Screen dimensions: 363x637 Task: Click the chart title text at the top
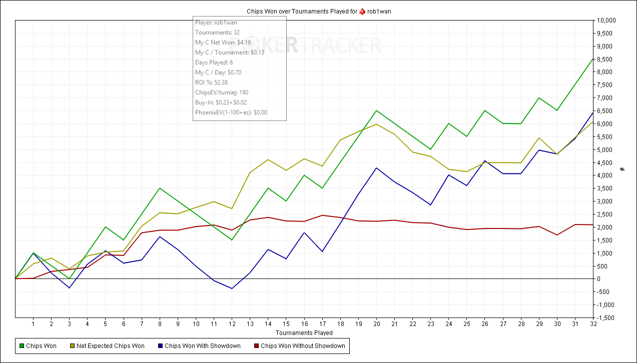318,11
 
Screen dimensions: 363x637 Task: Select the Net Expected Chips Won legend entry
110,345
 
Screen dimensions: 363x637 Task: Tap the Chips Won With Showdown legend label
202,345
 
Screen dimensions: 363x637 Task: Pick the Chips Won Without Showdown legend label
302,345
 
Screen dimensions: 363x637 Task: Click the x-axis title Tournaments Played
304,332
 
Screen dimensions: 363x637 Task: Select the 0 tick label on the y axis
599,279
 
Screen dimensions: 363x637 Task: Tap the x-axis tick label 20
376,324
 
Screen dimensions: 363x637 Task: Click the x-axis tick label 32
593,324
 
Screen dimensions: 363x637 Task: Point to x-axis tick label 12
232,324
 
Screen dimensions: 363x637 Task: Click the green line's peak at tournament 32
593,59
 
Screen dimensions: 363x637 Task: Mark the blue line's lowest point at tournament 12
232,288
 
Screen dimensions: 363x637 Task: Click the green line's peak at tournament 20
376,110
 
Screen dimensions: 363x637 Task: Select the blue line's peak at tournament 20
376,168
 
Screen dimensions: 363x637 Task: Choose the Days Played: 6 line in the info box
214,62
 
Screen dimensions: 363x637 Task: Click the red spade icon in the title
362,11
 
